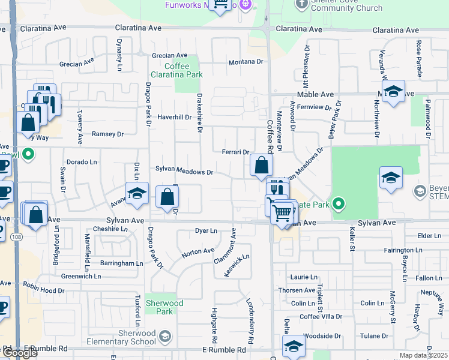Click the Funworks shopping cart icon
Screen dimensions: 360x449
[x=221, y=5]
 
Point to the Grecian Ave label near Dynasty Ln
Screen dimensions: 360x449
[x=77, y=62]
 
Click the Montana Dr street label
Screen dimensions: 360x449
[x=246, y=62]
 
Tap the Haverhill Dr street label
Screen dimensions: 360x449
[x=174, y=117]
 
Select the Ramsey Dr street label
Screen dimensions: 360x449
[x=107, y=134]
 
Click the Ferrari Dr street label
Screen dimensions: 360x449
[x=235, y=152]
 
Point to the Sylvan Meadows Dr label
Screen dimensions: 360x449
[x=184, y=172]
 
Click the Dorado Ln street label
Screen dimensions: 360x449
[x=82, y=162]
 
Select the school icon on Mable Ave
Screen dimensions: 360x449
[x=393, y=92]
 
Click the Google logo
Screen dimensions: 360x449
[x=20, y=353]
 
